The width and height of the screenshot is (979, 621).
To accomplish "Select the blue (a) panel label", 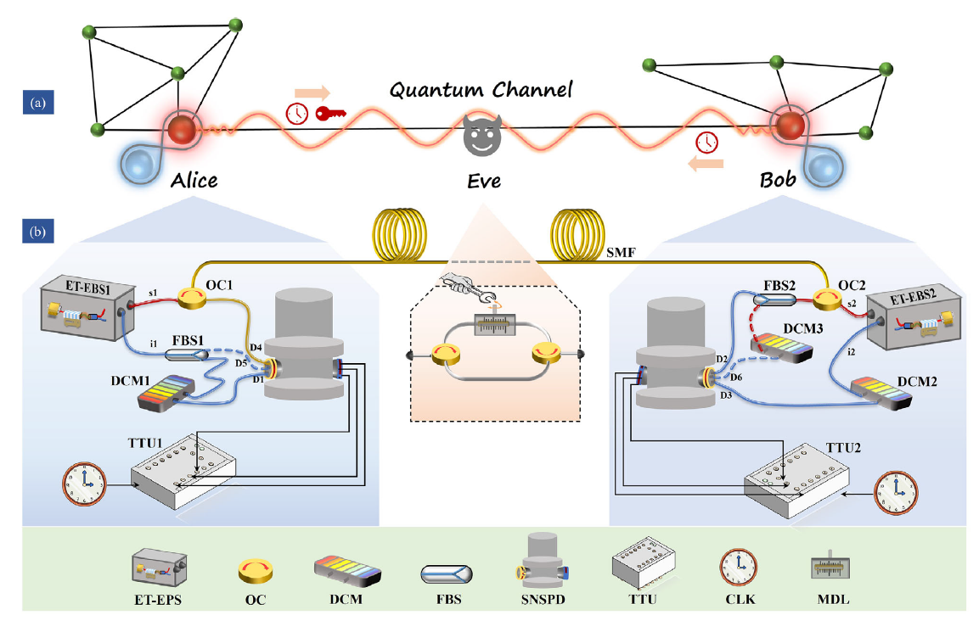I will tap(37, 103).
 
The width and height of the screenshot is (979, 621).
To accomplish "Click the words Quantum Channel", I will tap(480, 90).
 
